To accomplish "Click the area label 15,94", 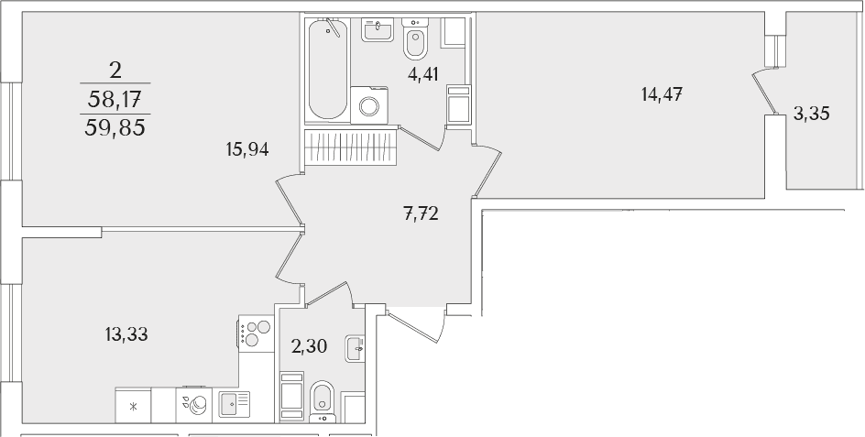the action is click(x=247, y=149).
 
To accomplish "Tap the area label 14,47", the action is click(x=662, y=95).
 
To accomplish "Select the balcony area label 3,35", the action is click(x=812, y=115).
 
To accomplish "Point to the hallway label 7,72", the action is click(x=421, y=213).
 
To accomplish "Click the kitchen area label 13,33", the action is click(x=126, y=333).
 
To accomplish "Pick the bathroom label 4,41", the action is click(x=423, y=74).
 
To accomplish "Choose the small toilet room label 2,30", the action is click(x=310, y=346).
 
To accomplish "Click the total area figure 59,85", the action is click(x=115, y=128).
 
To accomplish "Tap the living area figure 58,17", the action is click(x=115, y=100).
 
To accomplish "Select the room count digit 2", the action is click(x=115, y=71).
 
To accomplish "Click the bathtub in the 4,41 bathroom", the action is click(x=328, y=69).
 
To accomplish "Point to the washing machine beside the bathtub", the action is click(x=369, y=104).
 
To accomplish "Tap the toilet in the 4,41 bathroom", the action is click(x=415, y=38).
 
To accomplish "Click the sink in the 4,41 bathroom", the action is click(x=378, y=30).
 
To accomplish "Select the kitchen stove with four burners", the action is click(x=256, y=333).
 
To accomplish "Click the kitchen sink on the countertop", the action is click(x=235, y=404).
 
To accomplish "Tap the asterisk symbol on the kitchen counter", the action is click(x=133, y=407).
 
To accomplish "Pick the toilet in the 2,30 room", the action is click(x=323, y=401).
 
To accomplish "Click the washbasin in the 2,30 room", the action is click(x=355, y=348).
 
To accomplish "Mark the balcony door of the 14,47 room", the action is click(x=766, y=92).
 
